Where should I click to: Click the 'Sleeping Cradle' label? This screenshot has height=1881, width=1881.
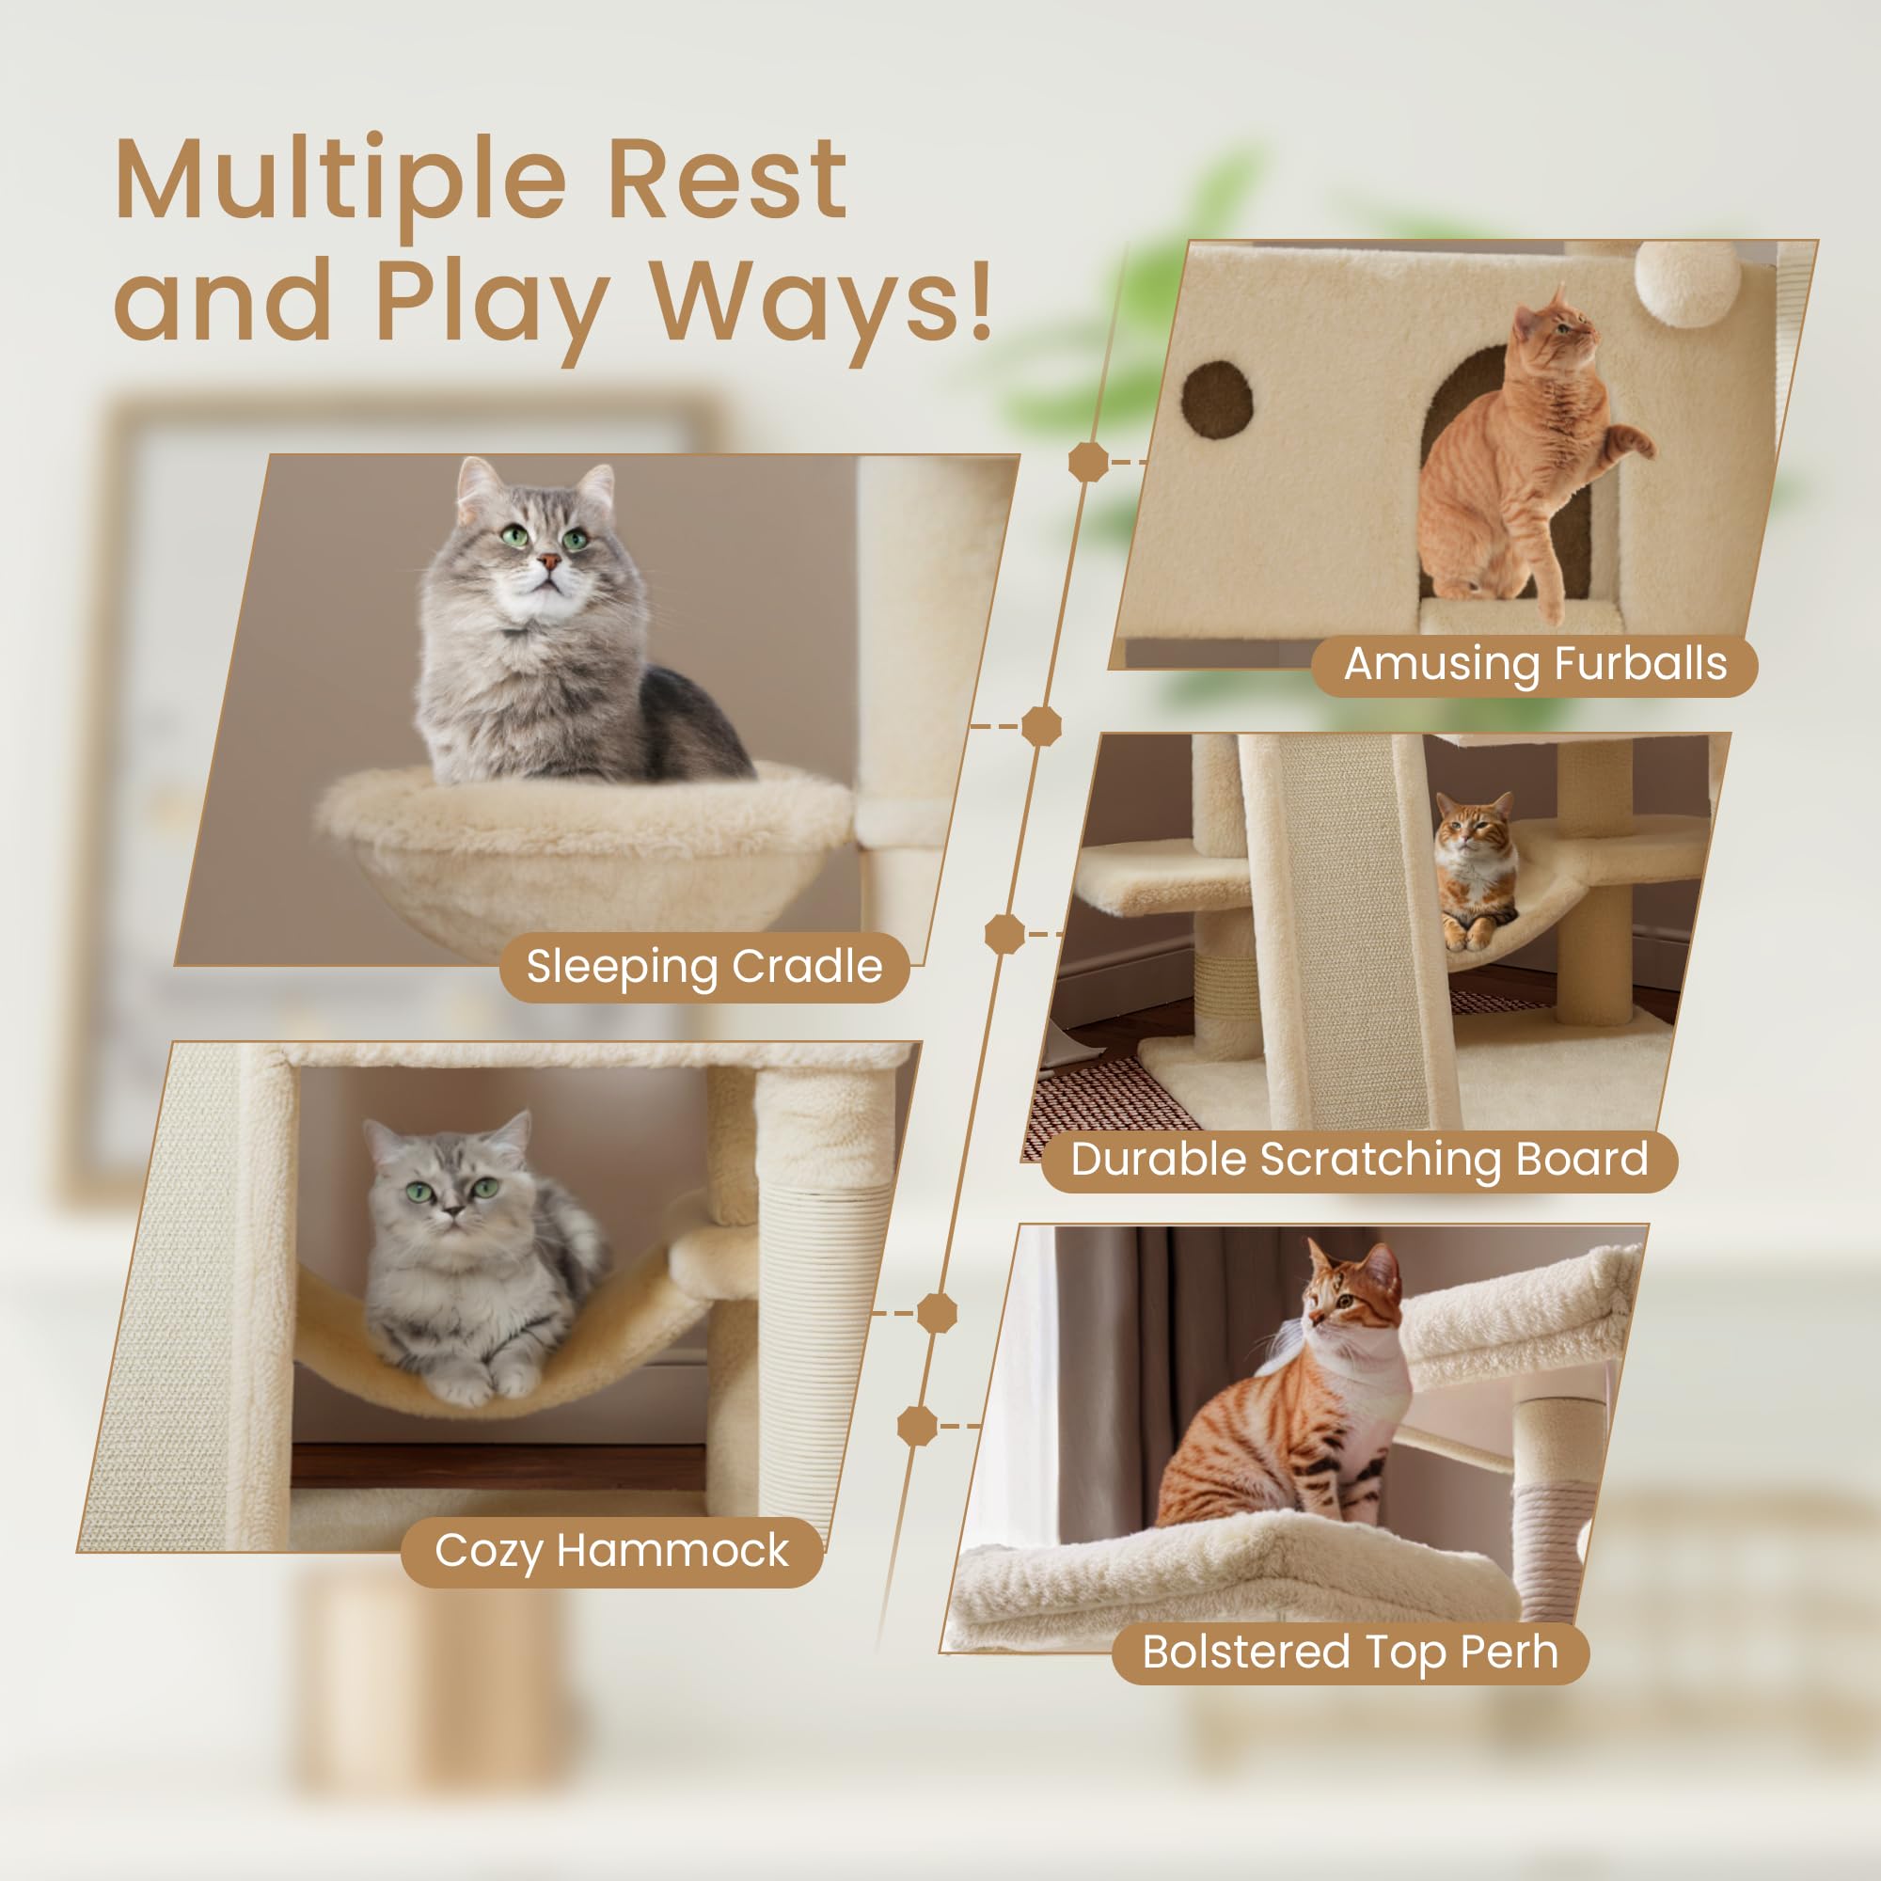click(x=703, y=967)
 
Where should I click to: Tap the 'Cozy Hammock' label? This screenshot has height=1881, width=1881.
click(x=611, y=1551)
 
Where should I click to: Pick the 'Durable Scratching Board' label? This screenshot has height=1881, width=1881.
click(x=1359, y=1160)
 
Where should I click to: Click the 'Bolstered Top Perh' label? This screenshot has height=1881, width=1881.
click(x=1350, y=1652)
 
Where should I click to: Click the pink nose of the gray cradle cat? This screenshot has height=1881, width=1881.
click(x=549, y=561)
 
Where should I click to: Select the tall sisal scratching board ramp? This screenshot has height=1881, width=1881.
click(x=1353, y=935)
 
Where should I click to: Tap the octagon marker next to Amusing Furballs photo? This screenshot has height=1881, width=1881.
click(x=1088, y=461)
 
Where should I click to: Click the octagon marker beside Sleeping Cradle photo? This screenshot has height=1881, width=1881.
click(x=1041, y=726)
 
